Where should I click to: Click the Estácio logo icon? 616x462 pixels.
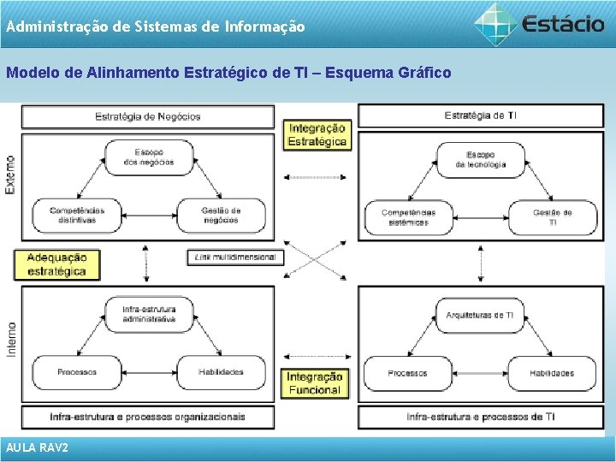[496, 23]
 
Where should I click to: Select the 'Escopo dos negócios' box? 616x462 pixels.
[148, 157]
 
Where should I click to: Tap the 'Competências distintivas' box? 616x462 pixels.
[77, 215]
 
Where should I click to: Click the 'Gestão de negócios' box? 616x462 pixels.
[221, 215]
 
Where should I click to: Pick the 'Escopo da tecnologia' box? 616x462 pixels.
[480, 159]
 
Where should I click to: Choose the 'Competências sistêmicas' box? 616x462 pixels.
[408, 217]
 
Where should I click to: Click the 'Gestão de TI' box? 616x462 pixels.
[552, 217]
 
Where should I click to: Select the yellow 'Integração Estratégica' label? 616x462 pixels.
[317, 135]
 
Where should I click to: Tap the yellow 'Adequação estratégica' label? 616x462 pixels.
[56, 264]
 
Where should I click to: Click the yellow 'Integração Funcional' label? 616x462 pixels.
[314, 383]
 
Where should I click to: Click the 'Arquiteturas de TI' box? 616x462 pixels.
[480, 316]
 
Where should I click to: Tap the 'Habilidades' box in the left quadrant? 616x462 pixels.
[221, 372]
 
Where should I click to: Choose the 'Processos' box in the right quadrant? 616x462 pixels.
[408, 373]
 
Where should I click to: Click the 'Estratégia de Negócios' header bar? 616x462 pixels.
[148, 116]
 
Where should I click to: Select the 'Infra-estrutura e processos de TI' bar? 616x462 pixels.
[480, 417]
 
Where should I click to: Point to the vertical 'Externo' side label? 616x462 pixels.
[10, 174]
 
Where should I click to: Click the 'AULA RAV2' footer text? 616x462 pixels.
[37, 448]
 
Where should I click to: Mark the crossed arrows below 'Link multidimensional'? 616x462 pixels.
[316, 261]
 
